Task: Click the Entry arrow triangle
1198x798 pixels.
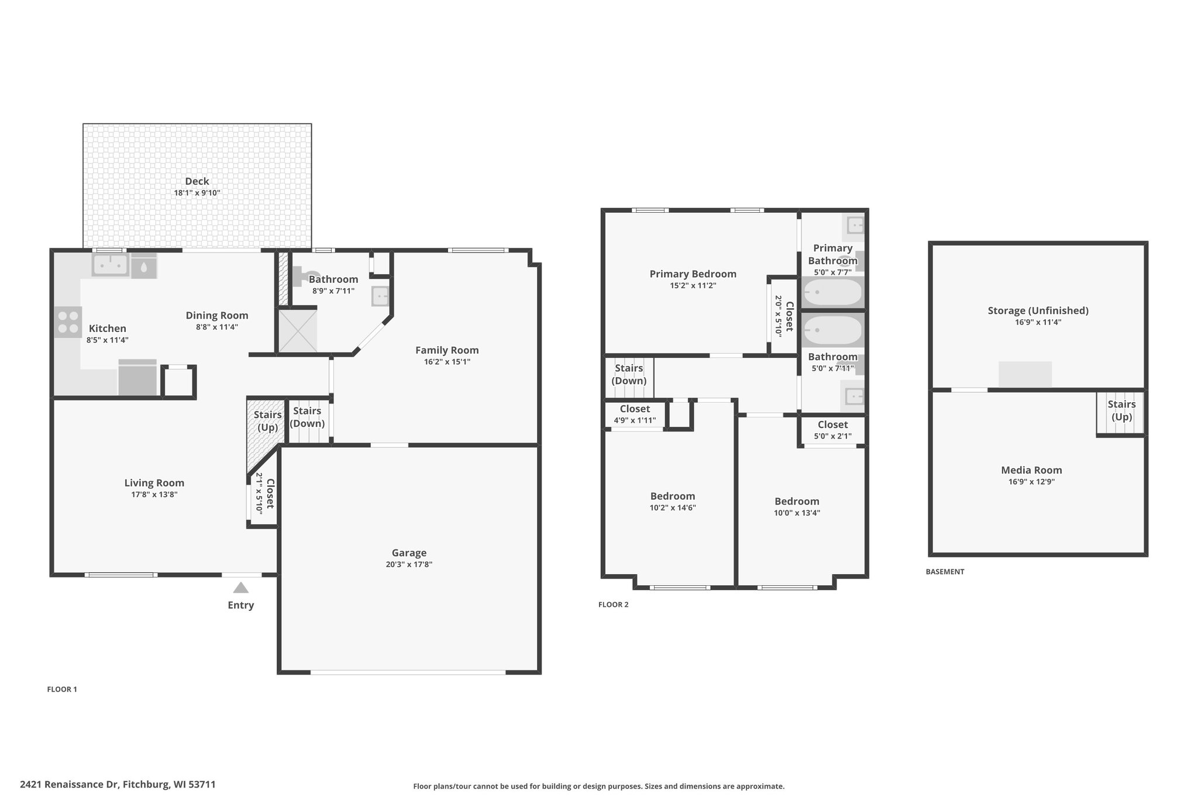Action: [x=241, y=588]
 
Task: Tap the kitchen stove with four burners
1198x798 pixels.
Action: [x=68, y=322]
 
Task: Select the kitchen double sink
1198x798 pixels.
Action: [x=110, y=265]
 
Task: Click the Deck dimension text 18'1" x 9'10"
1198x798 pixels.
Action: [x=197, y=193]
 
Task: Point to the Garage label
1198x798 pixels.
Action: [x=409, y=552]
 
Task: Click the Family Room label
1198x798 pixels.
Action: [x=447, y=350]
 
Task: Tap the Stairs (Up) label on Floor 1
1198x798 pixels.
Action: [x=268, y=421]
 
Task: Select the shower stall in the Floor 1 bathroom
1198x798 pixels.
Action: [x=297, y=331]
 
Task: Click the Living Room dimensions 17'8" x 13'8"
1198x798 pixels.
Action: [x=154, y=495]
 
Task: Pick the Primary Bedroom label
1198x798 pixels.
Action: [x=693, y=274]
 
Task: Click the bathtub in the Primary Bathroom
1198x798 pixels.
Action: [x=832, y=293]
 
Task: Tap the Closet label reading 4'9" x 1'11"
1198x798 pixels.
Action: [x=635, y=420]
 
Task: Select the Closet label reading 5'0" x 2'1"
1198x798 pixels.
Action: [x=832, y=436]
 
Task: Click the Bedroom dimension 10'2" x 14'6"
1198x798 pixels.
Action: [x=673, y=508]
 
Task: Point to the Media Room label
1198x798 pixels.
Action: [x=1031, y=470]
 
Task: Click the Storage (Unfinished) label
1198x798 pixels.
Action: [x=1038, y=310]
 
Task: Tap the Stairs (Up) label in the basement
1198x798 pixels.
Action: [x=1121, y=410]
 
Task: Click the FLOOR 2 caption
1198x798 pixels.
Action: [x=613, y=604]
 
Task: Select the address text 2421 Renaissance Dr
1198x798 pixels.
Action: [x=69, y=785]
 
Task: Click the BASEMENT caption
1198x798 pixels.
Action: [x=945, y=572]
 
